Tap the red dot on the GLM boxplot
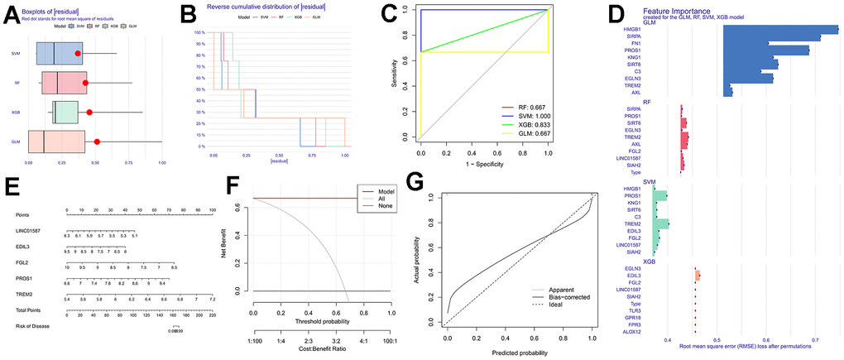coord(97,142)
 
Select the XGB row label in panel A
coord(16,113)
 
